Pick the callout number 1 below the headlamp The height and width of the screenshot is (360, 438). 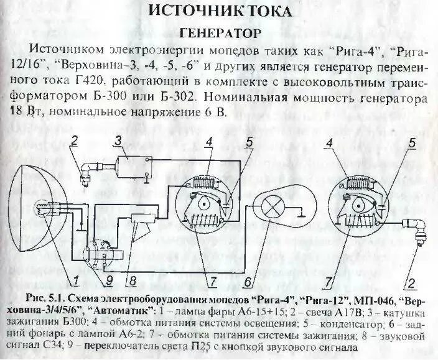(74, 279)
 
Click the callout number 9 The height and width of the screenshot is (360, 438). (109, 279)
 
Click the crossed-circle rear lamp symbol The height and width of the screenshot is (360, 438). (272, 206)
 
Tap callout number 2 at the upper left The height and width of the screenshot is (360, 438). (73, 140)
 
